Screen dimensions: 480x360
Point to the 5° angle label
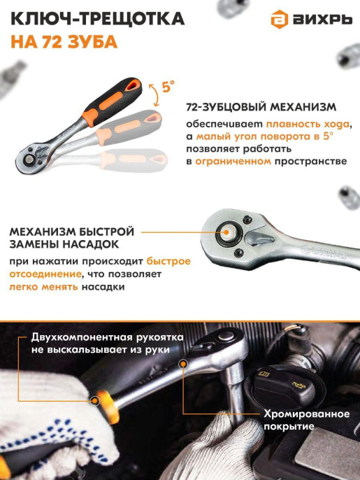coord(168,87)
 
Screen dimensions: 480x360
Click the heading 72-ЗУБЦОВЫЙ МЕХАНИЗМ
coord(261,108)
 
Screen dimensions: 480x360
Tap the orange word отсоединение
coord(40,274)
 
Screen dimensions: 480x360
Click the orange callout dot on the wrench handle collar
coord(95,400)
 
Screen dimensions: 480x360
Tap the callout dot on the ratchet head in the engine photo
coord(184,363)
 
